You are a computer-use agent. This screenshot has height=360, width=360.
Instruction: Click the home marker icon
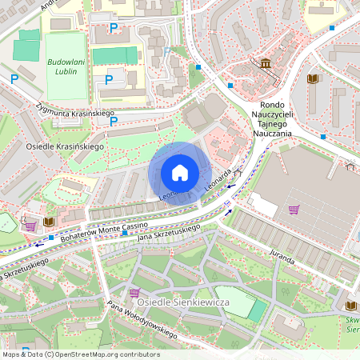(x=180, y=173)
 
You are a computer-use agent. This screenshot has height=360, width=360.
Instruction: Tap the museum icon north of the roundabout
(x=265, y=63)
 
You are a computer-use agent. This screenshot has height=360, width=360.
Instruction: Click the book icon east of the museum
(x=312, y=78)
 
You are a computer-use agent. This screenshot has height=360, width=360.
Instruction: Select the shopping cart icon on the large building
(x=294, y=210)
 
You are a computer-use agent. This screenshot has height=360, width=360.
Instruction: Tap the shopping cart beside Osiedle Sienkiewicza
(x=134, y=293)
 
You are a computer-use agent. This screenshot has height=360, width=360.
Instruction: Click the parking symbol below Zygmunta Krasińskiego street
(x=114, y=122)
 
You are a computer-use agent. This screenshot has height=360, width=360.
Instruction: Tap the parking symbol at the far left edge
(x=14, y=78)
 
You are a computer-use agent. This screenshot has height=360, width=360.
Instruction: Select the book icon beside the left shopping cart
(x=49, y=221)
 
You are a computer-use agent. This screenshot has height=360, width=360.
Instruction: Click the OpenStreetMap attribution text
(x=80, y=354)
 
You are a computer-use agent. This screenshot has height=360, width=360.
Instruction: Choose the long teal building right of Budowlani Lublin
(x=114, y=55)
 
